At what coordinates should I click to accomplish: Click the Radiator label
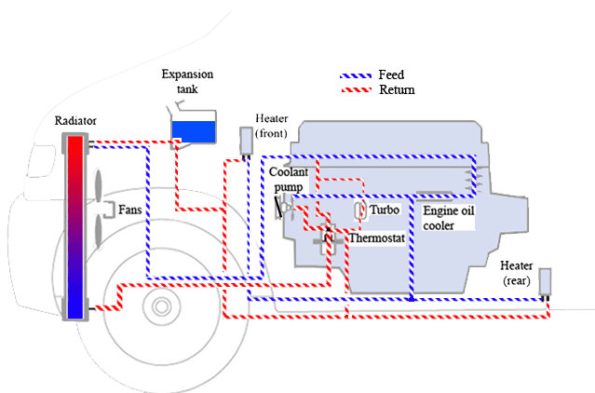[x=75, y=121]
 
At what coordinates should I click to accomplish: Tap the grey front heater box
[x=246, y=140]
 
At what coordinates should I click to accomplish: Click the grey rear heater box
[x=546, y=281]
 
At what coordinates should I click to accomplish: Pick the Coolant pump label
[x=286, y=179]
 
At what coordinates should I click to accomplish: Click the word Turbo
[x=385, y=210]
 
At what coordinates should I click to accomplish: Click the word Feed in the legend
[x=390, y=75]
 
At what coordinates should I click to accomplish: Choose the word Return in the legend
[x=397, y=90]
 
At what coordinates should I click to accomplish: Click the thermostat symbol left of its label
[x=327, y=240]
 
